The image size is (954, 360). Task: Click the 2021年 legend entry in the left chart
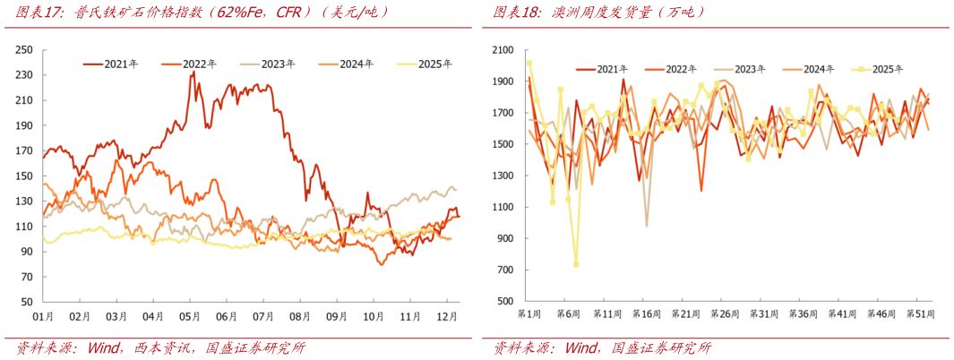pyautogui.click(x=111, y=63)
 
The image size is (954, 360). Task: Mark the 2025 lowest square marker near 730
pyautogui.click(x=576, y=264)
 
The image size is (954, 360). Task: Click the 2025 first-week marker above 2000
pyautogui.click(x=529, y=64)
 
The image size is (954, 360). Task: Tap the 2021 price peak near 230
pyautogui.click(x=193, y=72)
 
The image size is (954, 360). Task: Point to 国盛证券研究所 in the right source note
pyautogui.click(x=664, y=347)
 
